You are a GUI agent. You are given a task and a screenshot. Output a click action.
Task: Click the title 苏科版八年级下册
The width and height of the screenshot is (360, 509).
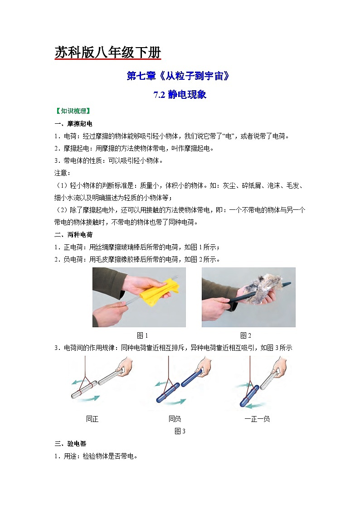tap(107, 53)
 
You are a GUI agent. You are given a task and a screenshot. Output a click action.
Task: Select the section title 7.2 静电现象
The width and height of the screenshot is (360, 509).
tap(180, 95)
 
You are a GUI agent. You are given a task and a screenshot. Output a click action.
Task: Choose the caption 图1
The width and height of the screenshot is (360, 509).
tap(142, 335)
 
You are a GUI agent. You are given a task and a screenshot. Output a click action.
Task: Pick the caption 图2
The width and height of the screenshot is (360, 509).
tap(245, 335)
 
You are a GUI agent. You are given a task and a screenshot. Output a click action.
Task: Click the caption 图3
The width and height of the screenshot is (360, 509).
tap(180, 431)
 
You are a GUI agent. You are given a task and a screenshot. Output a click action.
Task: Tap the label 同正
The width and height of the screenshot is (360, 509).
tap(92, 419)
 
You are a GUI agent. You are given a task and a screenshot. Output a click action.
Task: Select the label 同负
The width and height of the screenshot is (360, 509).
tap(175, 419)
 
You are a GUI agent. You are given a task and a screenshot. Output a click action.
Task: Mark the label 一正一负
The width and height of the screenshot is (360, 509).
tap(257, 419)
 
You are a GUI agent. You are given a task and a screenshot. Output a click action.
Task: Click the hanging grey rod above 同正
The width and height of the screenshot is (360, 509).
tap(83, 390)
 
